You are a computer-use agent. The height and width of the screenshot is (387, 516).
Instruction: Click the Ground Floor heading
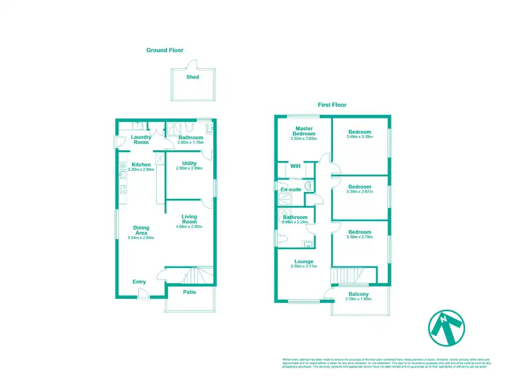(x=165, y=50)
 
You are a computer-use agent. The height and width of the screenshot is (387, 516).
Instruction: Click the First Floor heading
(x=332, y=105)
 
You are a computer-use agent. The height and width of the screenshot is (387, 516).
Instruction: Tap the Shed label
(x=193, y=77)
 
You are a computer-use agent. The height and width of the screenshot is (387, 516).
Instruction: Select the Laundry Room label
(x=141, y=140)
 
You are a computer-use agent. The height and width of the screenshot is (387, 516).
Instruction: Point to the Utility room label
(x=190, y=163)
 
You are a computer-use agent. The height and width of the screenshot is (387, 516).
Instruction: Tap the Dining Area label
(x=141, y=231)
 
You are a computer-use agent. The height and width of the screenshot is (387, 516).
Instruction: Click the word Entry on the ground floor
(x=139, y=282)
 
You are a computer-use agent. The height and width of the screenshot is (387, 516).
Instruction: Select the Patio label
(x=190, y=292)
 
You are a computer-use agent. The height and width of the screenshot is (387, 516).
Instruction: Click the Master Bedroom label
(x=305, y=132)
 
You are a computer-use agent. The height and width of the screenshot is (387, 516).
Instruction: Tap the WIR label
(x=296, y=166)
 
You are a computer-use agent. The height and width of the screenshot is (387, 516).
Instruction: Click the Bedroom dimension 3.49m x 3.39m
(x=359, y=137)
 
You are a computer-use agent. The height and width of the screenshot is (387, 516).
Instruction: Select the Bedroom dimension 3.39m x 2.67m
(x=359, y=192)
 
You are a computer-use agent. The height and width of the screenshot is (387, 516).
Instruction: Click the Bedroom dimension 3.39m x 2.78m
(x=359, y=238)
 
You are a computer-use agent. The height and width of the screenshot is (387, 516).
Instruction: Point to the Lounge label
(x=304, y=262)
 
